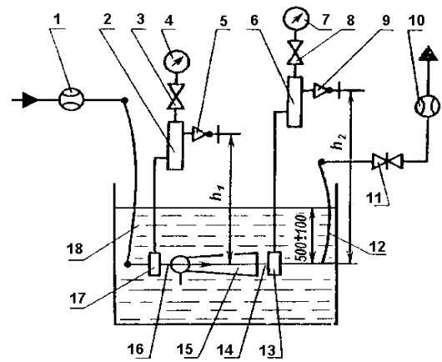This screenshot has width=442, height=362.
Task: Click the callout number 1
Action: (58, 20)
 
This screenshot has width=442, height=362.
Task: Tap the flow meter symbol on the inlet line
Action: (72, 99)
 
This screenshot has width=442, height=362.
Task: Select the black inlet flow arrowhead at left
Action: (30, 99)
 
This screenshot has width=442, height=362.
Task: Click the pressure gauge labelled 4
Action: (177, 61)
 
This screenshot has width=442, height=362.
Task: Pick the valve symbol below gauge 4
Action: (176, 97)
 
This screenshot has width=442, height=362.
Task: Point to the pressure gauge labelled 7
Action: (295, 19)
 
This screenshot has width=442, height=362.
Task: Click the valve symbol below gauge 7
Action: (295, 53)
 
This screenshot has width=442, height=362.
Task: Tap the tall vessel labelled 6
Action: (295, 102)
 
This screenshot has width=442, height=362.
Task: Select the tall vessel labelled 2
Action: (175, 146)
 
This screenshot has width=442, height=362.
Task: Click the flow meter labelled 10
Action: (427, 107)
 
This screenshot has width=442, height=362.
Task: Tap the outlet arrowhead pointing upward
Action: (428, 53)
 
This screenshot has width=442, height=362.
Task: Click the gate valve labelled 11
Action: (388, 161)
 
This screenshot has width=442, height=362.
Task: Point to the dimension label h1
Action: (218, 193)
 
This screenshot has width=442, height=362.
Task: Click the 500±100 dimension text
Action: (300, 239)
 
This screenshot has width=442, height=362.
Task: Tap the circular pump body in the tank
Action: (180, 264)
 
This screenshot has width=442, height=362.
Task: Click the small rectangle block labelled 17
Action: (154, 264)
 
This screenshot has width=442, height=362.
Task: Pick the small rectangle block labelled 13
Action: (274, 264)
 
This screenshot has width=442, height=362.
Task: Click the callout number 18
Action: (75, 249)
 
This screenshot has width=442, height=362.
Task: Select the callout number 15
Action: (185, 349)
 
